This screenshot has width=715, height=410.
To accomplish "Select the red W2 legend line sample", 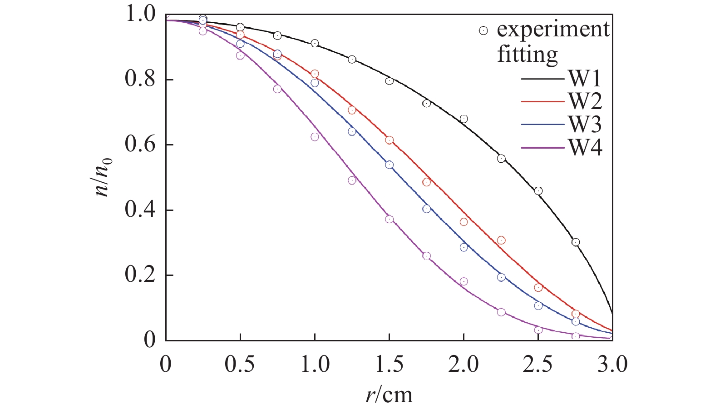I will click(543, 101).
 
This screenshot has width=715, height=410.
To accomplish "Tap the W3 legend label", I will click(585, 124).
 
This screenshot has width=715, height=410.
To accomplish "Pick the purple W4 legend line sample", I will click(543, 147).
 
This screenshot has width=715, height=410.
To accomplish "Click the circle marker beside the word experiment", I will click(483, 31).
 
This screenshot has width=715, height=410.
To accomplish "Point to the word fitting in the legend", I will click(527, 55).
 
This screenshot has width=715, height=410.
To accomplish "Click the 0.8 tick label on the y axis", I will click(140, 80).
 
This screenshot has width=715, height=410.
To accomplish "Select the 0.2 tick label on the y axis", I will click(140, 275).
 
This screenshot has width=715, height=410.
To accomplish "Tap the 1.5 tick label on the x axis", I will click(389, 365).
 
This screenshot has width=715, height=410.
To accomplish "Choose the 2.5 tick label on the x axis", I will click(538, 365).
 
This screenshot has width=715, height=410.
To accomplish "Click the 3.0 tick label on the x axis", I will click(612, 365).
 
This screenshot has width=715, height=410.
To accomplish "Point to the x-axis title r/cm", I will click(389, 395).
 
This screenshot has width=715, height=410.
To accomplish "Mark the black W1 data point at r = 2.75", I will click(576, 242).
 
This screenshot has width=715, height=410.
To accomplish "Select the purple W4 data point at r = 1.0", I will click(315, 137).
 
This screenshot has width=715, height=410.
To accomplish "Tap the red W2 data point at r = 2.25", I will click(501, 240).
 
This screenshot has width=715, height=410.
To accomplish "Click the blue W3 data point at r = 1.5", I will click(389, 165).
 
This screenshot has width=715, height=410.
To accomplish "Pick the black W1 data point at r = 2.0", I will click(464, 119).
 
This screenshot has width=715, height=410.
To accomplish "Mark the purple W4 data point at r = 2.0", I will click(464, 281).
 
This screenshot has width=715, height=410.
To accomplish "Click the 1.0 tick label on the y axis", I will click(140, 15).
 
